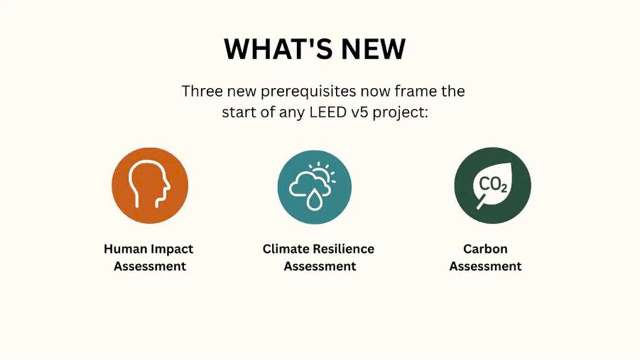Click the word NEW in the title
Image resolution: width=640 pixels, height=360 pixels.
tap(374, 49)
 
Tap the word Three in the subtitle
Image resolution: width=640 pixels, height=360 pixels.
tap(202, 91)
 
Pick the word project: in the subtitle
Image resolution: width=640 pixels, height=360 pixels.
tap(401, 113)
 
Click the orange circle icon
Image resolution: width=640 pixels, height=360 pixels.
tap(150, 185)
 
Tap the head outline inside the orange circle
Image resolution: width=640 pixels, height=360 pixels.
tap(149, 185)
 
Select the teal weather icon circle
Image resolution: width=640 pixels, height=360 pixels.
tap(314, 187)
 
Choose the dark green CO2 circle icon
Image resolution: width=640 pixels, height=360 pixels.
tap(493, 185)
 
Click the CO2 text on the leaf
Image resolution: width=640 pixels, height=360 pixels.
tap(493, 185)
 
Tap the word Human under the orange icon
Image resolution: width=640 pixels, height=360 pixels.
tap(125, 249)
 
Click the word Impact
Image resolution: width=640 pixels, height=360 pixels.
tap(172, 250)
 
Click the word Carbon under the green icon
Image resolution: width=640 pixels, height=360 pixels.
tap(485, 249)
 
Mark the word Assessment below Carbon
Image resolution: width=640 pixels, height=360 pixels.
tap(485, 266)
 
